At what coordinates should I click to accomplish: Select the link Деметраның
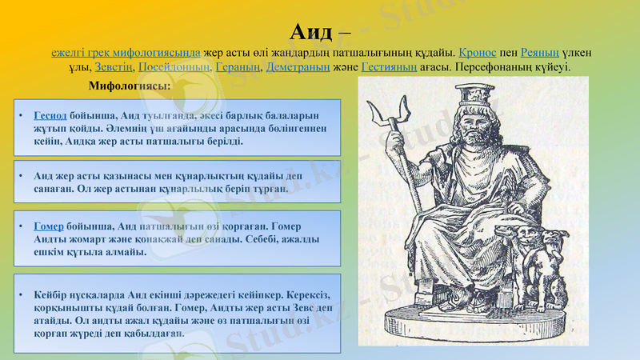click(298, 67)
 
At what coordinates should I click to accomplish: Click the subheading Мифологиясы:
click(130, 86)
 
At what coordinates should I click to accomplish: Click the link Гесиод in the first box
click(50, 115)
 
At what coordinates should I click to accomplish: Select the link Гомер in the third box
click(49, 227)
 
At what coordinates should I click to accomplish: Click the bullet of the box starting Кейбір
click(26, 294)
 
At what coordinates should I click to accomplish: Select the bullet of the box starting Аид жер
click(26, 175)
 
